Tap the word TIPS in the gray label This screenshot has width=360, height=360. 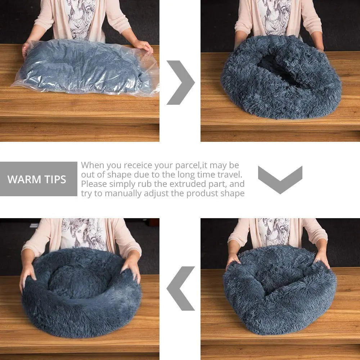point(54,179)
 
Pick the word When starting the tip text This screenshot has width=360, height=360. point(92,165)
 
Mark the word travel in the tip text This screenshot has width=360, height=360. point(229,175)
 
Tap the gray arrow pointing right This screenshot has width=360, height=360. point(180,82)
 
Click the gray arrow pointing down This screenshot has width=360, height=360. point(280,179)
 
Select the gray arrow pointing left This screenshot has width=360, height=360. point(181,288)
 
